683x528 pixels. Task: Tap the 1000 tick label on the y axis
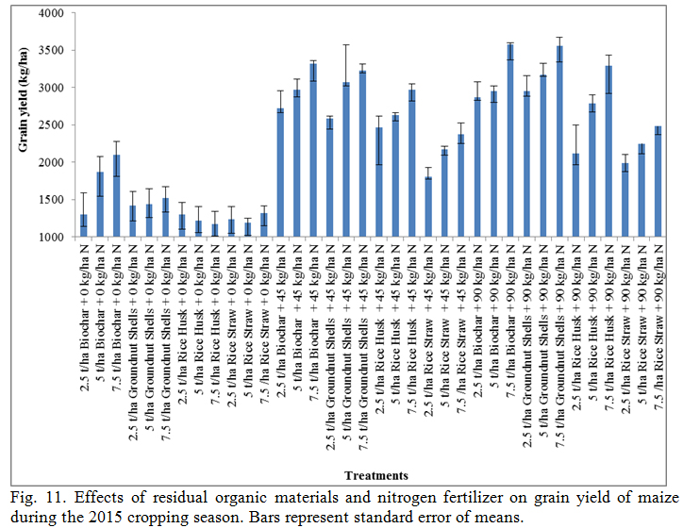coord(54,237)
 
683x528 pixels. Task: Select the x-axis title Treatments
coord(375,475)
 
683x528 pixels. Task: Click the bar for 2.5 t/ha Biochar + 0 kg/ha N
coord(83,225)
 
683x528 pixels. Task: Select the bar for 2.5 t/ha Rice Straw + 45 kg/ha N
coord(428,206)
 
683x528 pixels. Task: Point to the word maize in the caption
coord(658,496)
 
